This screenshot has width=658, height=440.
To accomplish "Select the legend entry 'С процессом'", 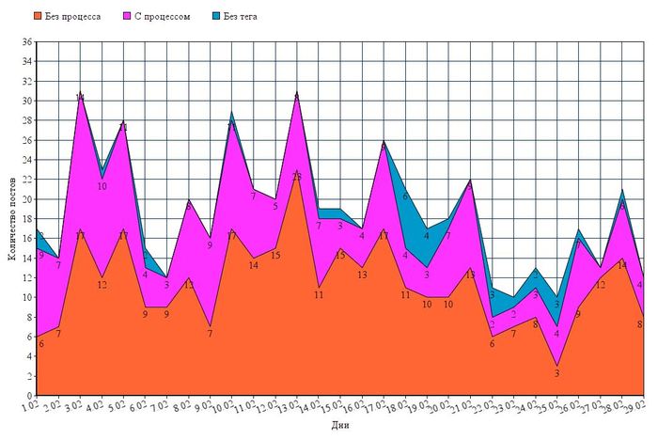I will click(x=162, y=17).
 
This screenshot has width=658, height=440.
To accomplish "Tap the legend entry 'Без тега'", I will click(x=240, y=17).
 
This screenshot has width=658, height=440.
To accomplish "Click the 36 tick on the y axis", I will click(x=27, y=42).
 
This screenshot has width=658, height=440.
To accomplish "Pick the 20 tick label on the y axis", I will click(x=27, y=199).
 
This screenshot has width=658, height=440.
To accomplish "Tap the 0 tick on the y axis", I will click(x=30, y=396).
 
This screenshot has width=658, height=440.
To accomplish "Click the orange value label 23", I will click(x=297, y=177).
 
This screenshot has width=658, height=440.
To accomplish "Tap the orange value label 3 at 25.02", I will click(x=556, y=373).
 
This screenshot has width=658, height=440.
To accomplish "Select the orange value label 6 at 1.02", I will click(x=40, y=344).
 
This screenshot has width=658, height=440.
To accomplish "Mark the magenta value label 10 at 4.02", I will click(x=102, y=186).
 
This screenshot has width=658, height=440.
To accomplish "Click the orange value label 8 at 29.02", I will click(x=640, y=324).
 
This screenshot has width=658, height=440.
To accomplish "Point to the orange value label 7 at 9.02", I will click(x=210, y=334).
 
